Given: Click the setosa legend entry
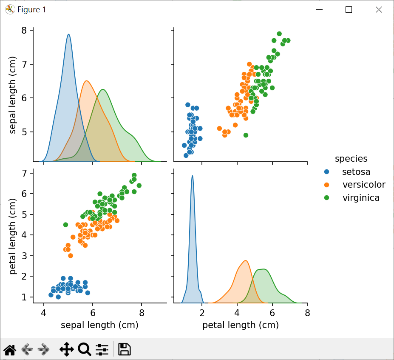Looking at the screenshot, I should point(356,172).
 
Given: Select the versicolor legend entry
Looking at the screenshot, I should point(363,185).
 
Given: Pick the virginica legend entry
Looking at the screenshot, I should point(361,197).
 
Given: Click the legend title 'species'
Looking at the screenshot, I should point(351,159).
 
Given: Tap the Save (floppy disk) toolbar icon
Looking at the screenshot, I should point(124,349).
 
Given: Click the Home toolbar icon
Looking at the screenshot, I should point(10,350).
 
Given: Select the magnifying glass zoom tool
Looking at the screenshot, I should point(85,349).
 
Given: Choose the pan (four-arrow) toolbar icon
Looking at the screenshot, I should point(67,349).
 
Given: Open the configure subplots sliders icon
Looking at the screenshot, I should point(102,349).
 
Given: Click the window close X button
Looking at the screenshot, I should point(379,9).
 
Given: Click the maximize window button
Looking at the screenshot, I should point(349,9).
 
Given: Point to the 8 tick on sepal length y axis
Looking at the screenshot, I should point(24,30).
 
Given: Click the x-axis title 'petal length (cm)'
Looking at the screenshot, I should point(241,326).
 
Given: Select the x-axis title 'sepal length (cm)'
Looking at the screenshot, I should point(99,326).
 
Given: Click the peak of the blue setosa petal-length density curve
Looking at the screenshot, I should point(193,176).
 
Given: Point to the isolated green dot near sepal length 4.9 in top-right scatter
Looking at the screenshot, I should point(246,135).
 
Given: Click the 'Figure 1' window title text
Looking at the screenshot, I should point(31,9).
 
